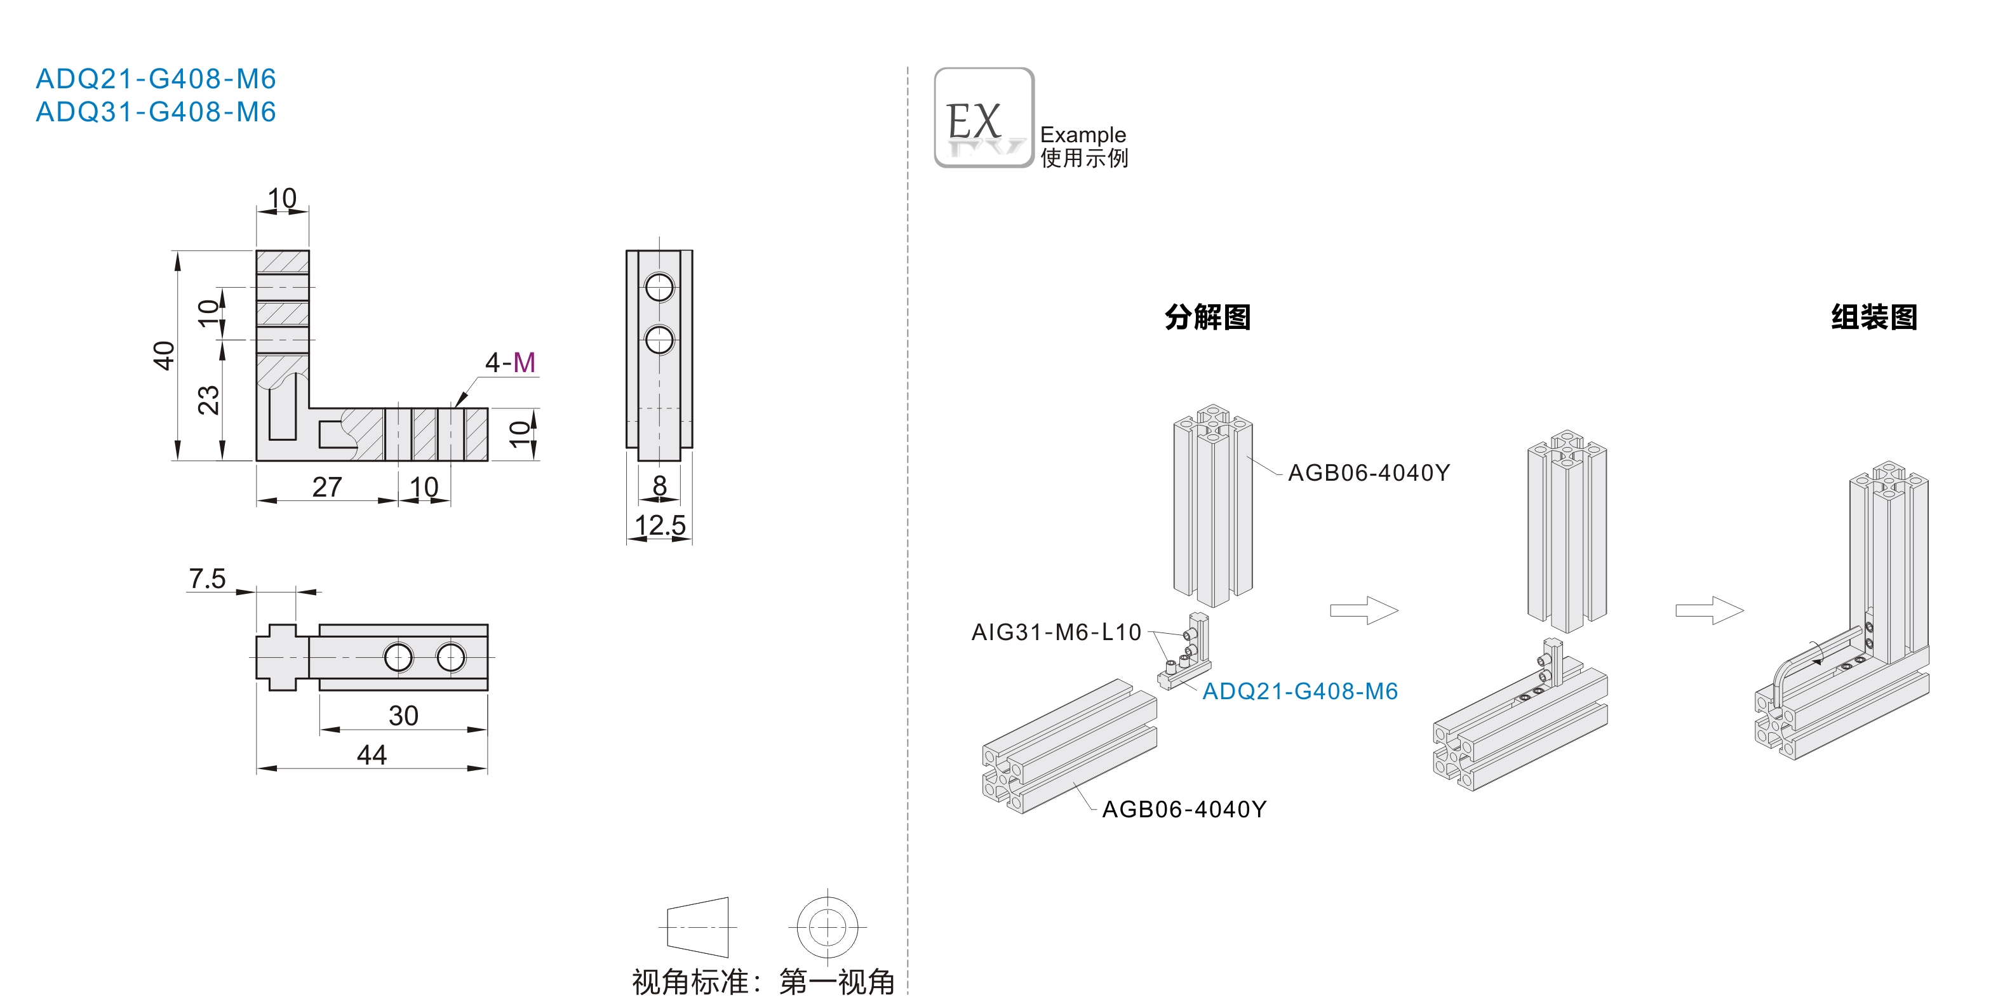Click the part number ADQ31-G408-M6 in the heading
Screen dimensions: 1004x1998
pos(156,112)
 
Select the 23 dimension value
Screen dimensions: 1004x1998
pos(208,400)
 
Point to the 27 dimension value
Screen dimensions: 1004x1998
pos(326,487)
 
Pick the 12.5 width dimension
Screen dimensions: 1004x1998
pos(659,526)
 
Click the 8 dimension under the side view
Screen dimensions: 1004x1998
pos(659,486)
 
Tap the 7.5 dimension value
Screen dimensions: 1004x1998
pos(207,579)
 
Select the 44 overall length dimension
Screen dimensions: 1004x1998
pos(372,755)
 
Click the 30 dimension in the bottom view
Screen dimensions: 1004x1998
pos(403,716)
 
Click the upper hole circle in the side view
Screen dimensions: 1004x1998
pos(659,288)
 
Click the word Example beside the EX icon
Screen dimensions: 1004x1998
pos(1083,135)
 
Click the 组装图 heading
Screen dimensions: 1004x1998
pos(1874,317)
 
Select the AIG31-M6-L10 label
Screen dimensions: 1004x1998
pos(1056,633)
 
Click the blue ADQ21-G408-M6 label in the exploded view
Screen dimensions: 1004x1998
pos(1300,692)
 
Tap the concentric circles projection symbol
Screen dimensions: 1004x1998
pos(828,927)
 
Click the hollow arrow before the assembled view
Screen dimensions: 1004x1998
pos(1708,610)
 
